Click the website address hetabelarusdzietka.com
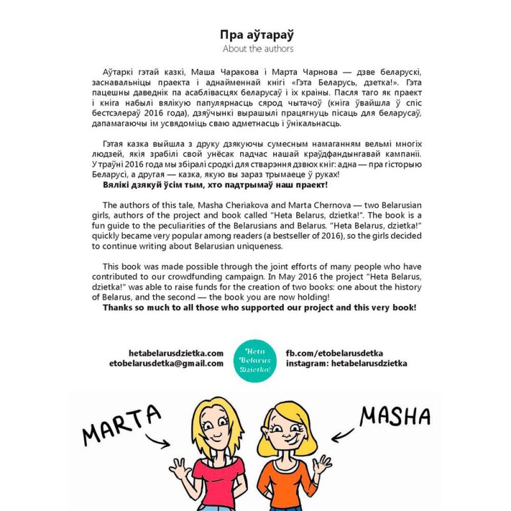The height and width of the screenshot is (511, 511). tap(176, 353)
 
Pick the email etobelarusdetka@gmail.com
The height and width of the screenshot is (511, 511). tap(166, 363)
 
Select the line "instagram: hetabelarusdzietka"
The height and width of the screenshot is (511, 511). tap(346, 363)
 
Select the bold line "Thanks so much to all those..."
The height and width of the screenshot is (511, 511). tap(259, 307)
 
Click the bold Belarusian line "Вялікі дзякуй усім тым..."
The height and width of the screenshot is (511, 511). tap(215, 185)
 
